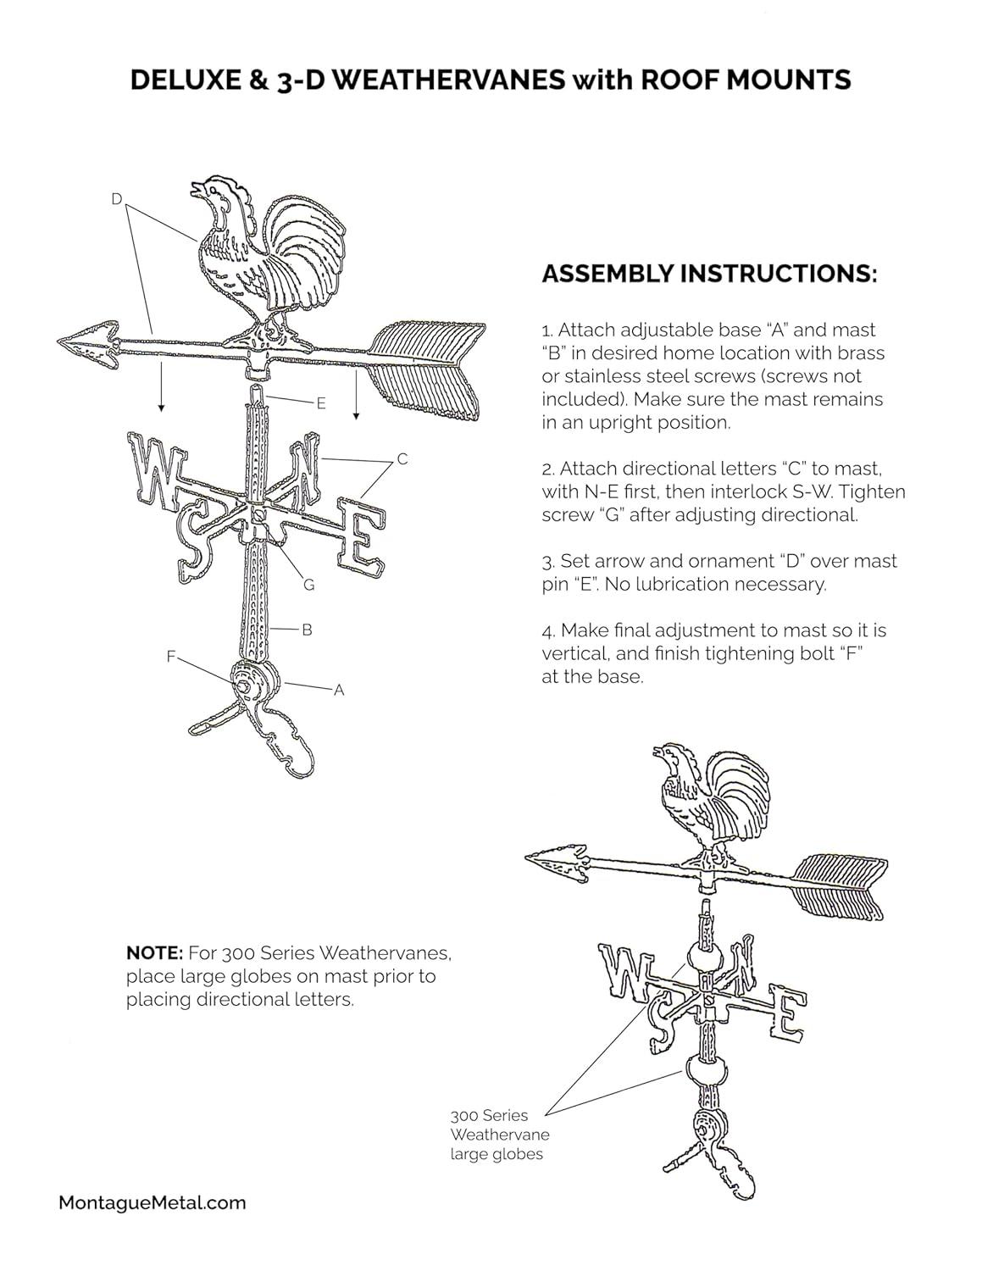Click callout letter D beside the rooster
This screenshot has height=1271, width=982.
tap(117, 199)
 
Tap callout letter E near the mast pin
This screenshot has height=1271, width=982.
tap(321, 404)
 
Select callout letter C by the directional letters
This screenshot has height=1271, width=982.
tap(402, 458)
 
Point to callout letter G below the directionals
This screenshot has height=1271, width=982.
tap(308, 585)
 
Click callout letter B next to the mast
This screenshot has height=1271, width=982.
tap(307, 630)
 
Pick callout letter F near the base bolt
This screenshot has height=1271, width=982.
tap(171, 655)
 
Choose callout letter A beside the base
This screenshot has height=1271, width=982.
tap(339, 690)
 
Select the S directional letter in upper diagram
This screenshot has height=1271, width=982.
tap(192, 539)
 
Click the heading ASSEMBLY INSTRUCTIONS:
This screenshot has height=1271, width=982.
tap(708, 274)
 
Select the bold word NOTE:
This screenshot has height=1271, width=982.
tap(154, 953)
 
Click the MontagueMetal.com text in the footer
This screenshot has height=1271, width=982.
tap(153, 1202)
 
